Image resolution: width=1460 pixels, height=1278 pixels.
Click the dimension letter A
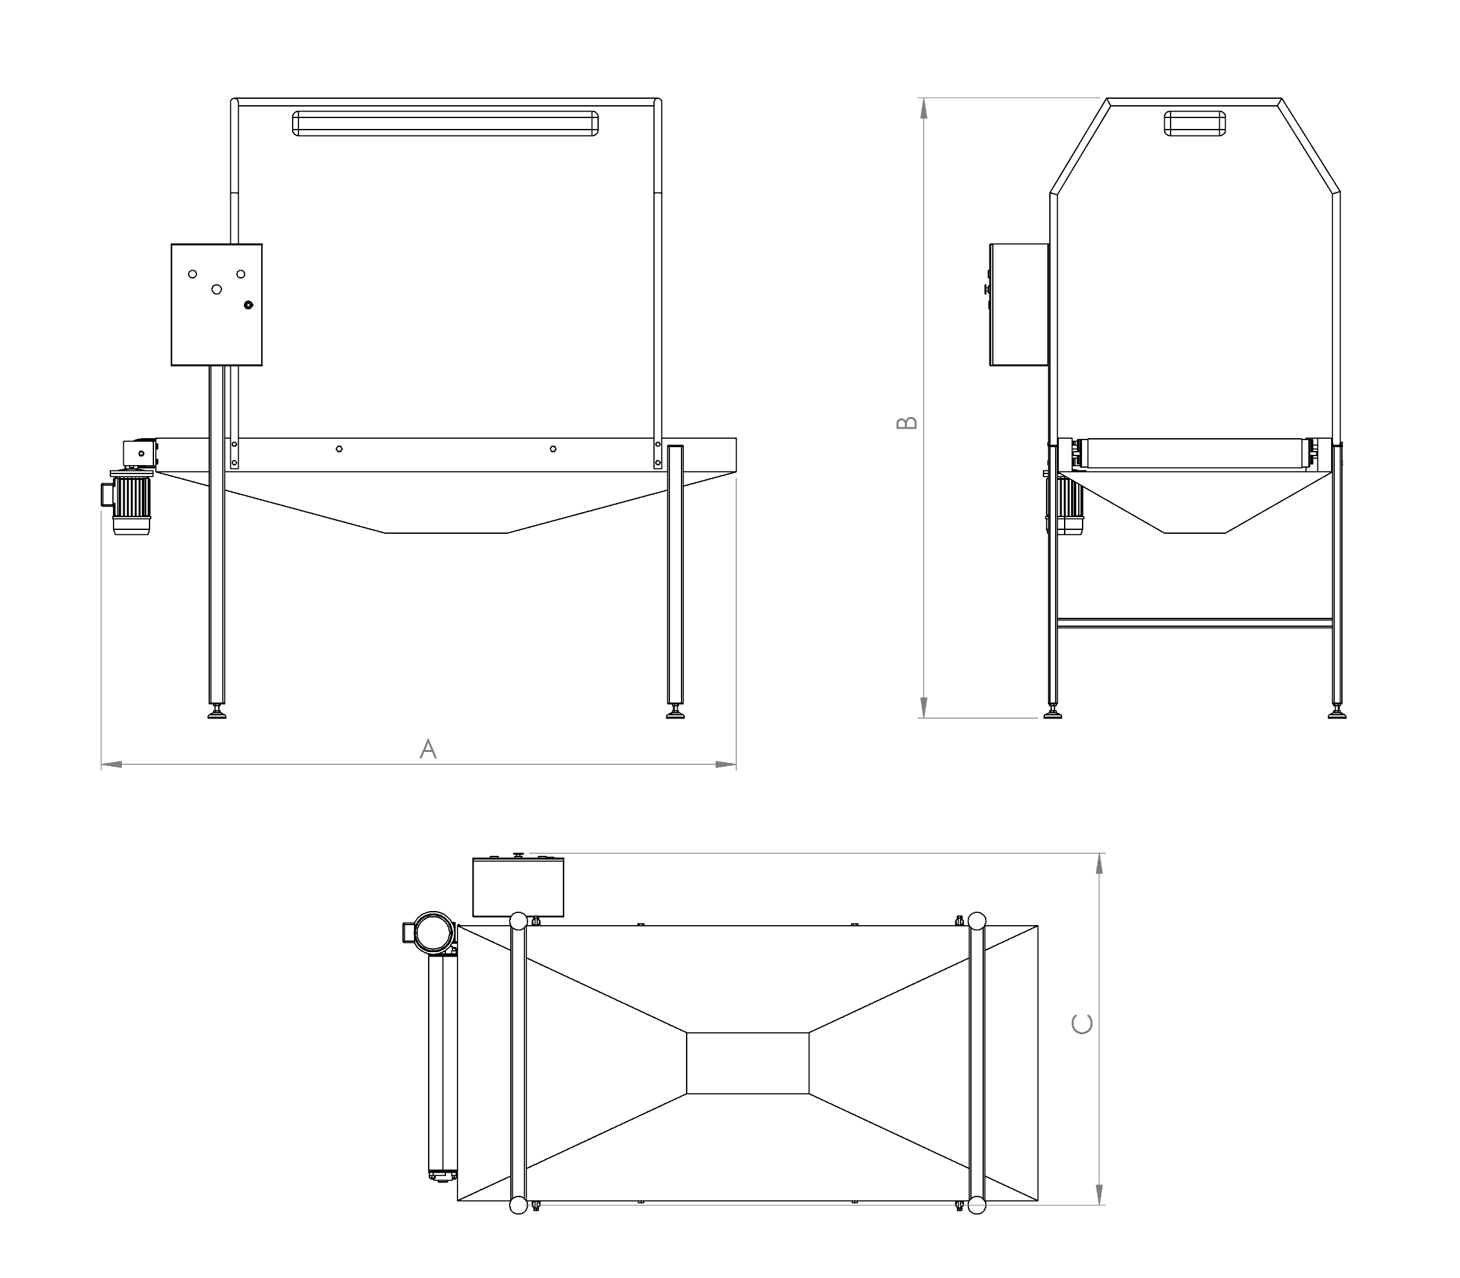(428, 749)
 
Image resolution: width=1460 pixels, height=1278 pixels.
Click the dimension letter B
(907, 423)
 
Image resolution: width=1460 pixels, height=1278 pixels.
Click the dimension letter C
(1082, 1024)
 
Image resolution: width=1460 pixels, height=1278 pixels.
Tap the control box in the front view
(217, 305)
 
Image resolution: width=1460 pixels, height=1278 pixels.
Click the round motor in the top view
(433, 932)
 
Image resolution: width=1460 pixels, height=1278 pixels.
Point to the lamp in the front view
(446, 123)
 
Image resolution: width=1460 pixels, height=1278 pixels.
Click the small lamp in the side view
(1195, 123)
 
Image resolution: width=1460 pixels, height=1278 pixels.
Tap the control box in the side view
(1018, 305)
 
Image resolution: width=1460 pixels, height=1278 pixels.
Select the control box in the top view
(519, 887)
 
